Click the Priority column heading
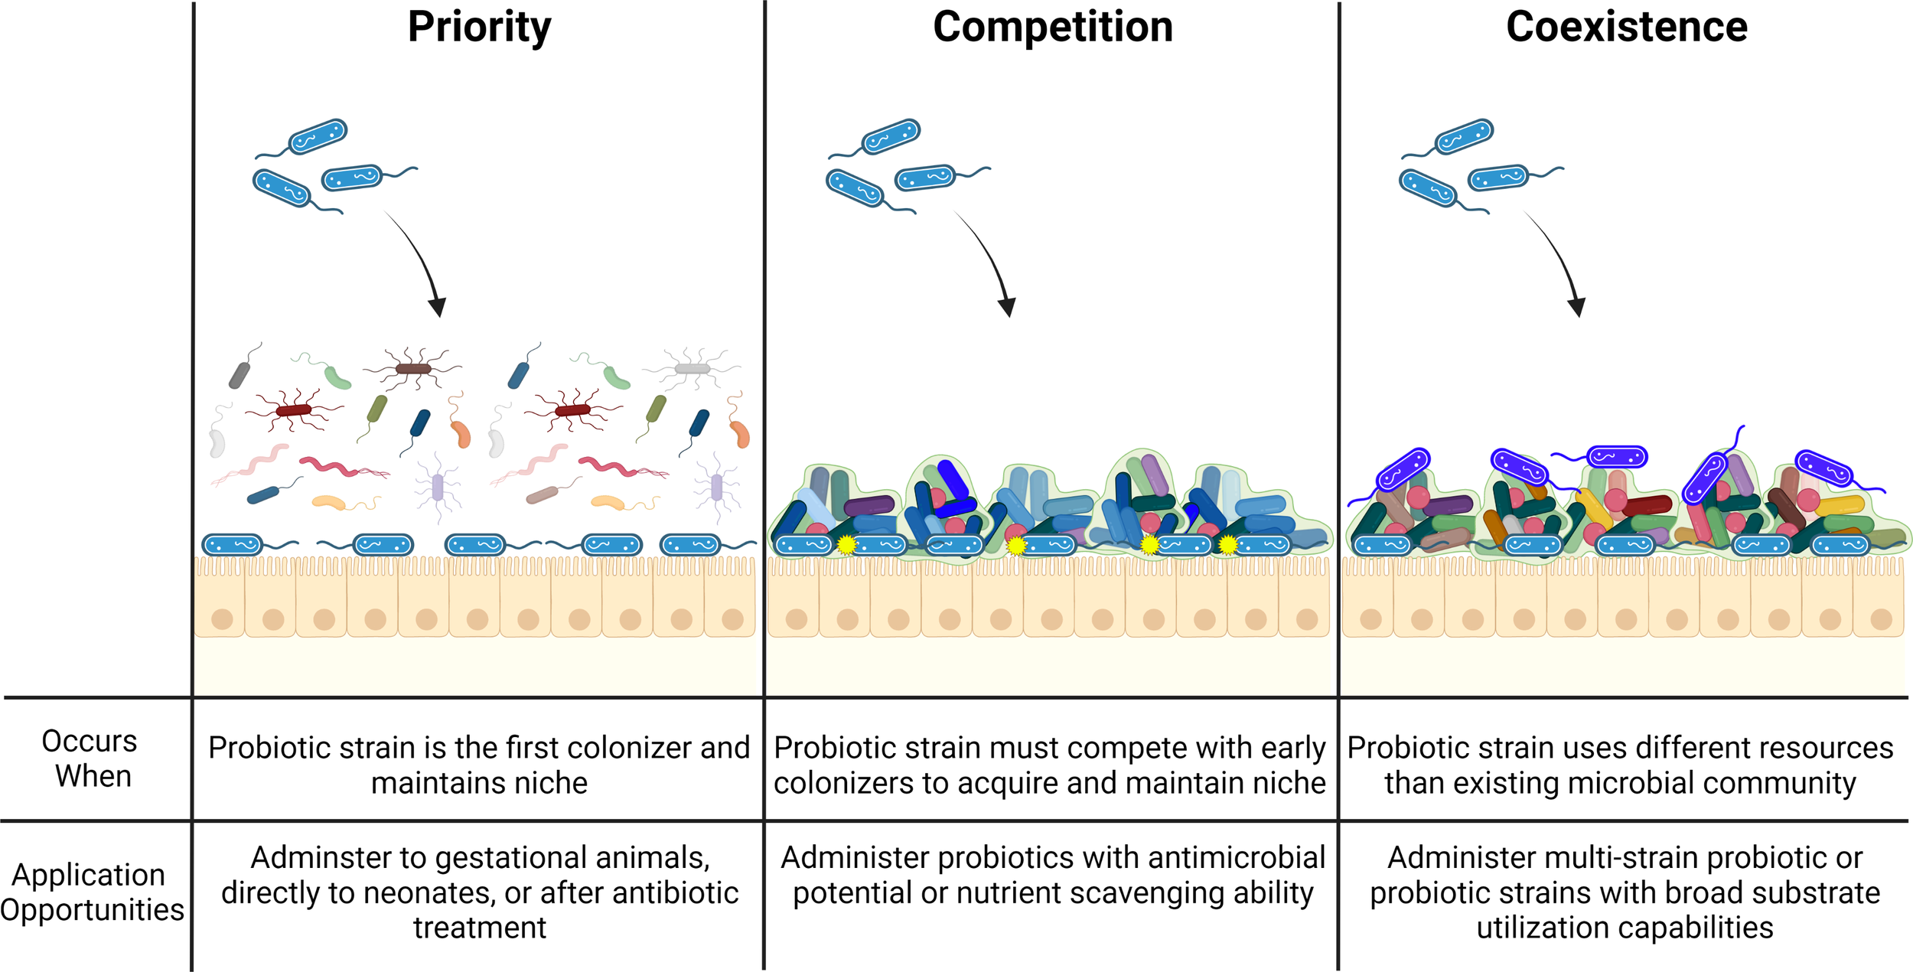tap(479, 28)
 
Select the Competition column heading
tap(1052, 28)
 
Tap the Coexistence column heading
tap(1626, 28)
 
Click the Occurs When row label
tap(90, 758)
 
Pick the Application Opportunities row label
tap(90, 892)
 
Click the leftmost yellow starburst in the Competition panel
tap(846, 545)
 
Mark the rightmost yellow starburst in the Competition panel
tap(1227, 545)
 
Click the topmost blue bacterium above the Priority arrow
tap(318, 137)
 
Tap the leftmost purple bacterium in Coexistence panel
tap(1403, 469)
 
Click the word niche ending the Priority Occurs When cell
tap(556, 783)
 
